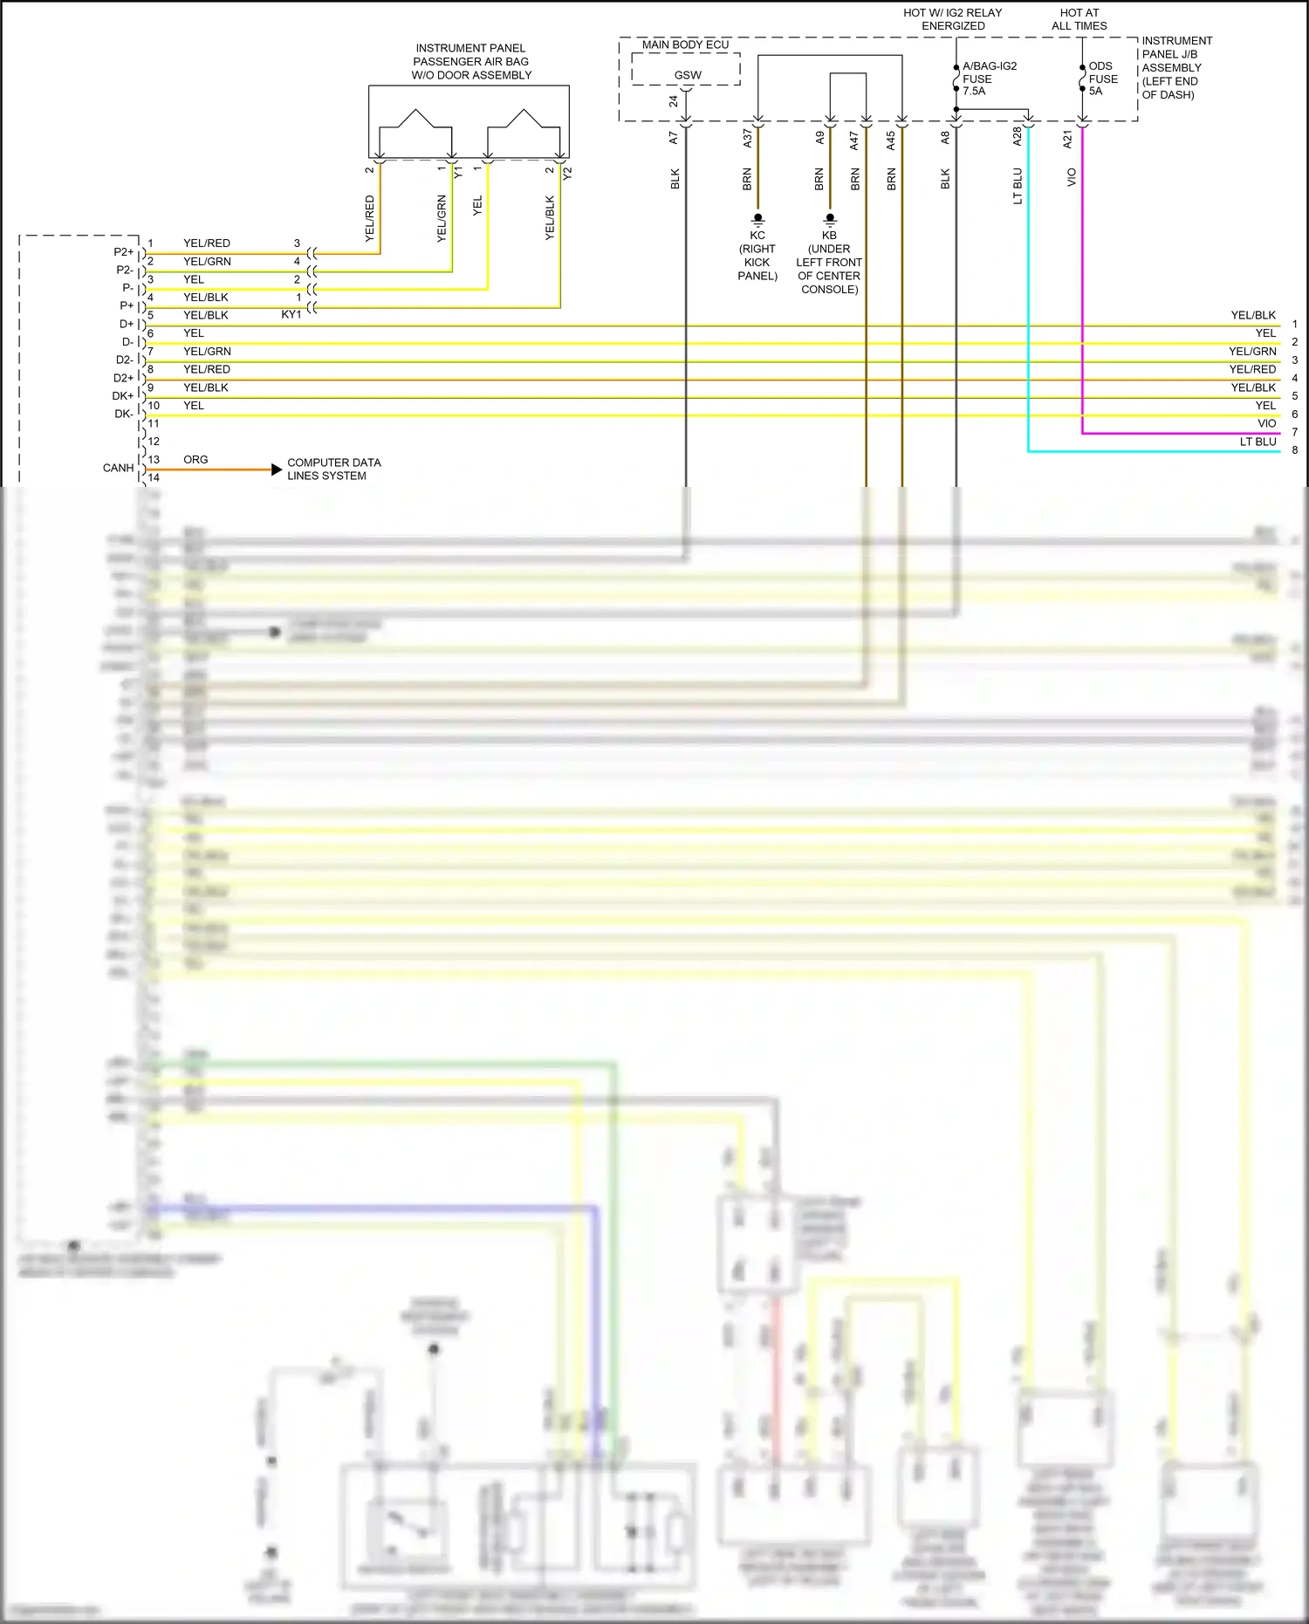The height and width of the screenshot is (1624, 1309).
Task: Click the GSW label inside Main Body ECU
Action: pos(688,75)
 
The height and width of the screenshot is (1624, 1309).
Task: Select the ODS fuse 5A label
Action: pos(1102,79)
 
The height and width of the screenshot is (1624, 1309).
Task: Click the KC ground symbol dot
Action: pos(757,217)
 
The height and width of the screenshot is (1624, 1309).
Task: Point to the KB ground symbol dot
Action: pos(830,217)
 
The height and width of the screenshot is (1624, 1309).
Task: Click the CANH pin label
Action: pos(118,469)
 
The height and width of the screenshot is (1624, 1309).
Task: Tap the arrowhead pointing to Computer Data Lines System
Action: pos(277,469)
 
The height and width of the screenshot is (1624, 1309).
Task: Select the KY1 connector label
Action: pos(291,315)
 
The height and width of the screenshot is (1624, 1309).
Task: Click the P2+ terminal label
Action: pos(123,252)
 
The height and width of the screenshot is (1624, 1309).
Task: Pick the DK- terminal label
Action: pos(123,415)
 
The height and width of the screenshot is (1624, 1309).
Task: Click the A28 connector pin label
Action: pos(1018,136)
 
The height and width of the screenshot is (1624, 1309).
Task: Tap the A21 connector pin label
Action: pos(1067,138)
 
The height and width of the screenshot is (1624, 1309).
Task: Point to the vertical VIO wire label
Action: pos(1072,177)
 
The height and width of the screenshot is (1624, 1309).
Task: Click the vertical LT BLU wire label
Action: pos(1018,186)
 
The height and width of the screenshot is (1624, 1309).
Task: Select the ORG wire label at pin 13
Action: pos(195,460)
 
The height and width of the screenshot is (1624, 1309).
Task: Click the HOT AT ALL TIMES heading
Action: pos(1079,19)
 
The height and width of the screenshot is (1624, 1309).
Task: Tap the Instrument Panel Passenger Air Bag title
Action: pos(471,61)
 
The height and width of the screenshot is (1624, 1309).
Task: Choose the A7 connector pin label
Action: pos(674,138)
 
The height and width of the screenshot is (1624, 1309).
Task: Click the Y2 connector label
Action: pos(567,174)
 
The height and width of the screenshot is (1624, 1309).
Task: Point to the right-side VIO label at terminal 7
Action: pos(1266,424)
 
